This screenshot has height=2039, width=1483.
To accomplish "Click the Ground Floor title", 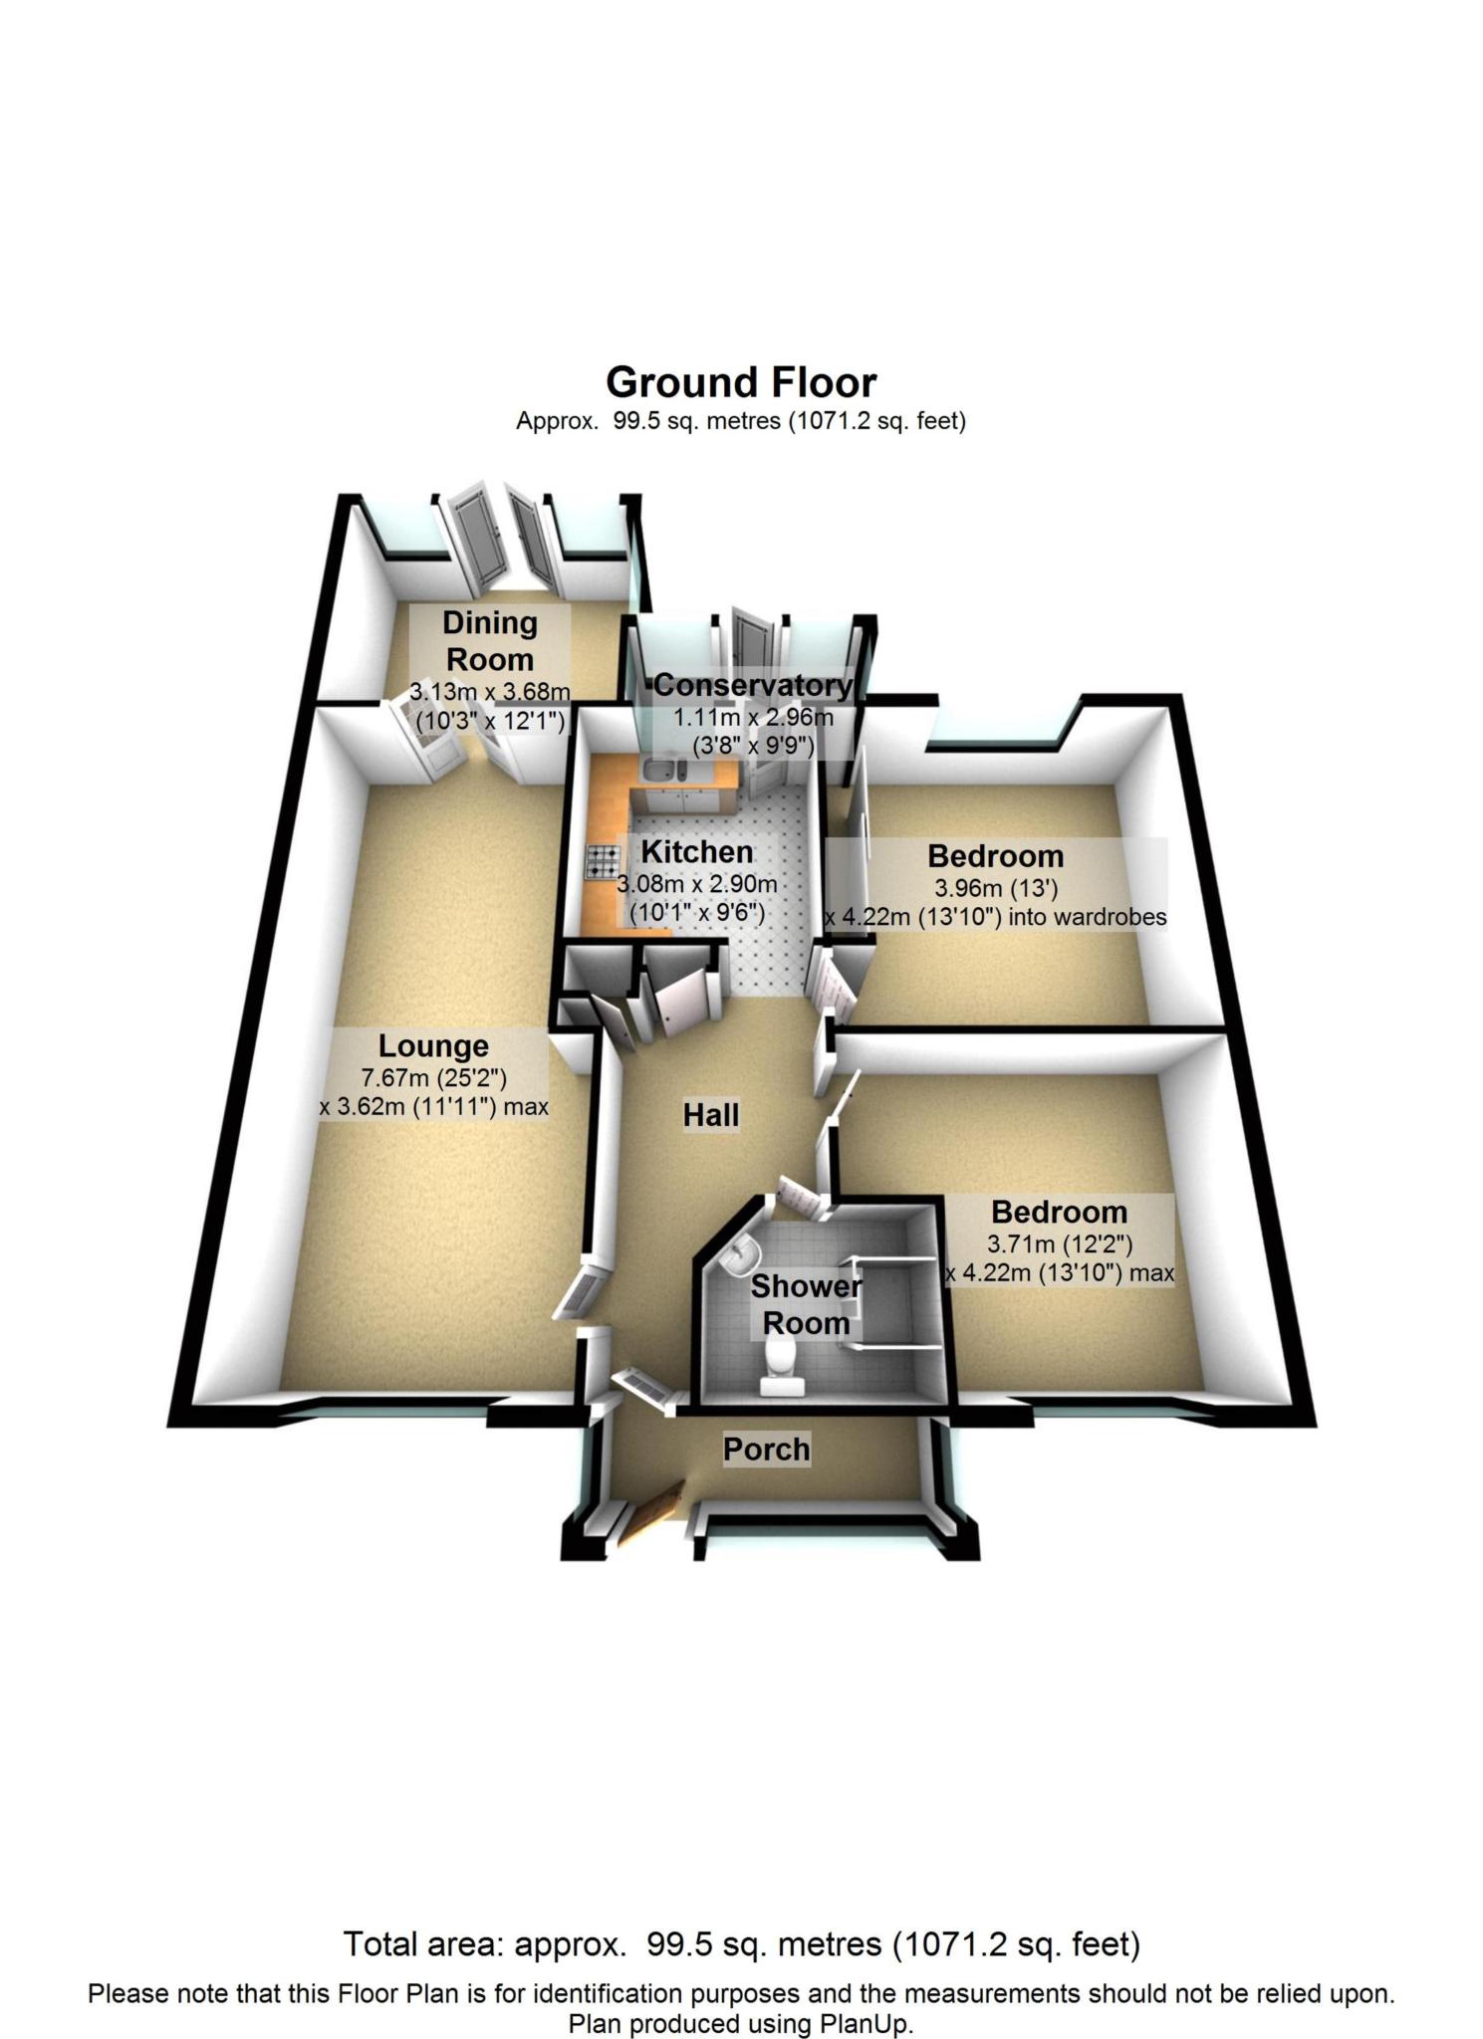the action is click(x=741, y=382).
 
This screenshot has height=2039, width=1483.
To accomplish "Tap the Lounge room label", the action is click(x=433, y=1045).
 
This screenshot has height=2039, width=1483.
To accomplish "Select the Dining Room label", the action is click(x=489, y=640).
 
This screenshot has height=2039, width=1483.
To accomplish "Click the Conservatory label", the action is click(x=753, y=685).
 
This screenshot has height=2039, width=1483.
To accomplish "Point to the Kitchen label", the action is click(x=696, y=851).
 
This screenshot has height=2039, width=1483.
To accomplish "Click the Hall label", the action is click(x=711, y=1115).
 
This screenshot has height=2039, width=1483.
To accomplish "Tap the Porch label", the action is click(x=766, y=1449).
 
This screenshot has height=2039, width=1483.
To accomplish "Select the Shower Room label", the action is click(x=806, y=1304).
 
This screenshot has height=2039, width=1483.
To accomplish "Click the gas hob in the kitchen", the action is click(x=603, y=861).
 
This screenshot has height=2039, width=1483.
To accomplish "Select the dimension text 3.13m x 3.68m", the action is click(x=489, y=690).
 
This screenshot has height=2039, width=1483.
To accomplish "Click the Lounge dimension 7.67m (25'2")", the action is click(x=433, y=1076).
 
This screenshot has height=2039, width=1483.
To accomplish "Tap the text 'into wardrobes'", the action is click(x=1088, y=916).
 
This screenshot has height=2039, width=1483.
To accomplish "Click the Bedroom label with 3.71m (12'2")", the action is click(x=1059, y=1212).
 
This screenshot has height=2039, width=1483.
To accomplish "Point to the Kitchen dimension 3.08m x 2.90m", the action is click(x=696, y=883).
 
